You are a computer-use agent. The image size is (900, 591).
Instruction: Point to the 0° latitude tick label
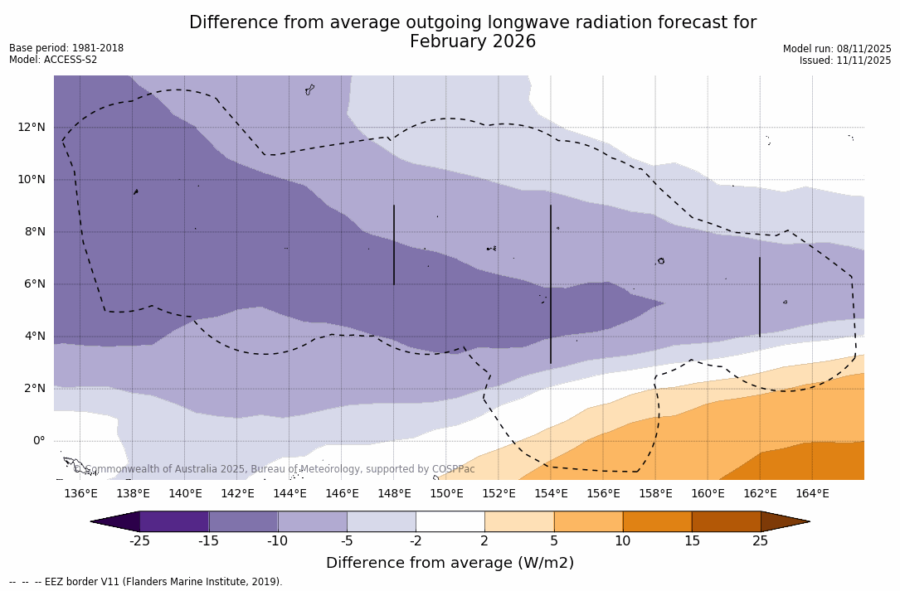coord(39,440)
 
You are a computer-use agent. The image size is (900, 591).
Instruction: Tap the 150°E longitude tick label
coord(446,493)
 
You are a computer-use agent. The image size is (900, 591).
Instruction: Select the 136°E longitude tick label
coord(80,493)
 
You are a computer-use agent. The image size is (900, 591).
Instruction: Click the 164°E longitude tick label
coord(812,493)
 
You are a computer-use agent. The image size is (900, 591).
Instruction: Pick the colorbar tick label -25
coord(139,541)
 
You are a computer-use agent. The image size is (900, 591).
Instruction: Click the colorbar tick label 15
coord(691,541)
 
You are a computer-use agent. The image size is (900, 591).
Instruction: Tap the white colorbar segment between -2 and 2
coord(450,521)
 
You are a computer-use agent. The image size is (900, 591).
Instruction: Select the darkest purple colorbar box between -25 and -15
coord(174,521)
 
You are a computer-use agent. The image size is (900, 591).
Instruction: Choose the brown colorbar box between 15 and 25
coord(726,521)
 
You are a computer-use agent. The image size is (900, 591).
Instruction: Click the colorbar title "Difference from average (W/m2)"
coord(450,563)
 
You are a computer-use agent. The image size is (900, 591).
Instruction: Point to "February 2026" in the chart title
coord(473,41)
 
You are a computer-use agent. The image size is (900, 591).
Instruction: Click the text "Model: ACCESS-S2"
coord(53,60)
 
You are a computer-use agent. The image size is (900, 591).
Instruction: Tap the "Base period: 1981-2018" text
coord(66,48)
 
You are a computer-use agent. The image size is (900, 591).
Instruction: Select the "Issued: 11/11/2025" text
coord(845,61)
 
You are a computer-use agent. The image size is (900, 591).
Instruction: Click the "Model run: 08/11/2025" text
coord(837,49)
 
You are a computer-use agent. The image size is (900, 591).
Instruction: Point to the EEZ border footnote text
coord(146,582)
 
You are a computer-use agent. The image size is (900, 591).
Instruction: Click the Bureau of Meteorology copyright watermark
coord(274,469)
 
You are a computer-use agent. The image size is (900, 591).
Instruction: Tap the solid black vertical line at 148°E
coord(394,245)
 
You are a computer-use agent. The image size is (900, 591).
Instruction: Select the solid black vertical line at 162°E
coord(760,296)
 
